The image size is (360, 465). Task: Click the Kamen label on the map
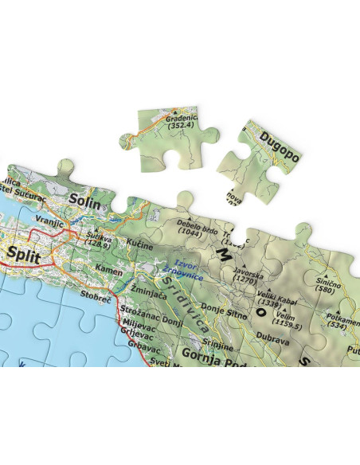pyautogui.click(x=108, y=272)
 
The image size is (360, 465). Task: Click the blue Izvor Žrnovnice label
pyautogui.click(x=185, y=271)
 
